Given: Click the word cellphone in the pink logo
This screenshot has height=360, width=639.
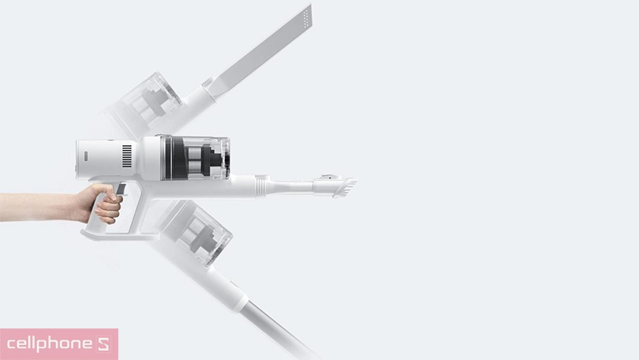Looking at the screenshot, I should click(x=48, y=345).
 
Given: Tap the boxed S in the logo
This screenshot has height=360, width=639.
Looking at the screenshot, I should click(x=105, y=345).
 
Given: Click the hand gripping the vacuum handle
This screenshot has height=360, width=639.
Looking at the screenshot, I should click(x=99, y=204).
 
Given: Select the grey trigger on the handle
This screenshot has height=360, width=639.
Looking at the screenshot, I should click(x=123, y=189).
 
